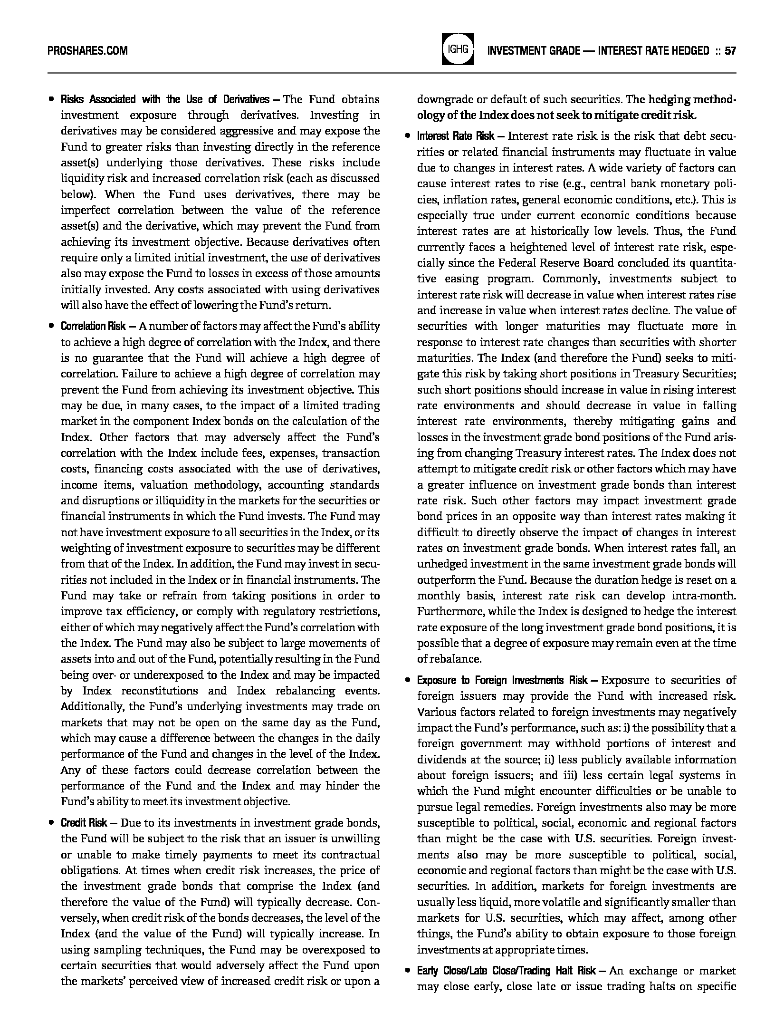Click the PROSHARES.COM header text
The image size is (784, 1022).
(88, 51)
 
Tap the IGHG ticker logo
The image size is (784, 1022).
(458, 49)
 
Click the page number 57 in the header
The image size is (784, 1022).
(730, 51)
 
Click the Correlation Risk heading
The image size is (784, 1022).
(93, 326)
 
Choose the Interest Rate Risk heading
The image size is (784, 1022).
(456, 136)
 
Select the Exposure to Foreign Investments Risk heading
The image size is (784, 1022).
(502, 680)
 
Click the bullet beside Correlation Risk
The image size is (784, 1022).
(50, 327)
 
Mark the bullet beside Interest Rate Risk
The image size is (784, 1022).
(407, 137)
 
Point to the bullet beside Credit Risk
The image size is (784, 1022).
(50, 823)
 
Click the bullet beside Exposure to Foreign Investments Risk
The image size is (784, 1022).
(407, 681)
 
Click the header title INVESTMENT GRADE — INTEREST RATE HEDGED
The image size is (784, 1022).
(598, 51)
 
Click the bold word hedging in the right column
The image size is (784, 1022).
(668, 100)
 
